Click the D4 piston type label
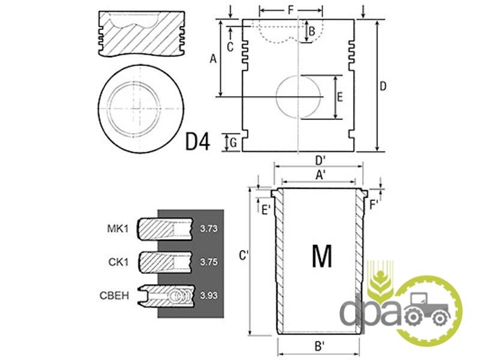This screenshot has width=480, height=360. (198, 142)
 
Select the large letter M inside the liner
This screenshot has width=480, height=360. (322, 256)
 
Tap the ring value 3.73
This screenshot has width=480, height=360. (209, 229)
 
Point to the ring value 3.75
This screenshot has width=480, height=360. (209, 262)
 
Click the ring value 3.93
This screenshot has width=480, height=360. (209, 295)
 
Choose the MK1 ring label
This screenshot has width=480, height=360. (118, 229)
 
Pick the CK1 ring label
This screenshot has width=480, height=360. (118, 262)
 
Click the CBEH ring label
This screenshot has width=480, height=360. (114, 295)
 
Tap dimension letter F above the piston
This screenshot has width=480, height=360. (291, 10)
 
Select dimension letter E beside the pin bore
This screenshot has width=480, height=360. (340, 97)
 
